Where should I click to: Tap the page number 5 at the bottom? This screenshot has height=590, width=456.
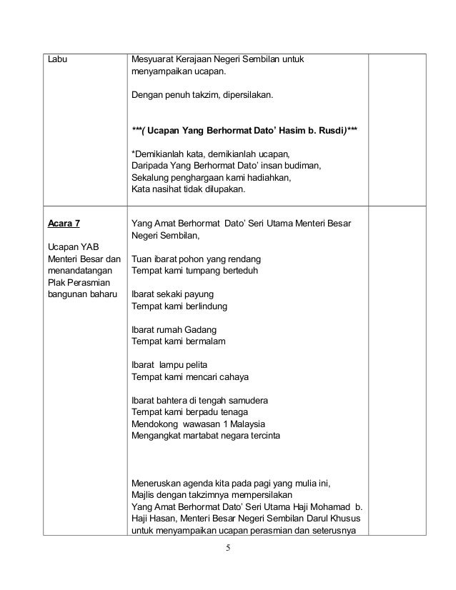228,549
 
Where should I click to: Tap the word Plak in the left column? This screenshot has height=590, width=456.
55,283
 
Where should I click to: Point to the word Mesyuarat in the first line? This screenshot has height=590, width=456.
154,59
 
